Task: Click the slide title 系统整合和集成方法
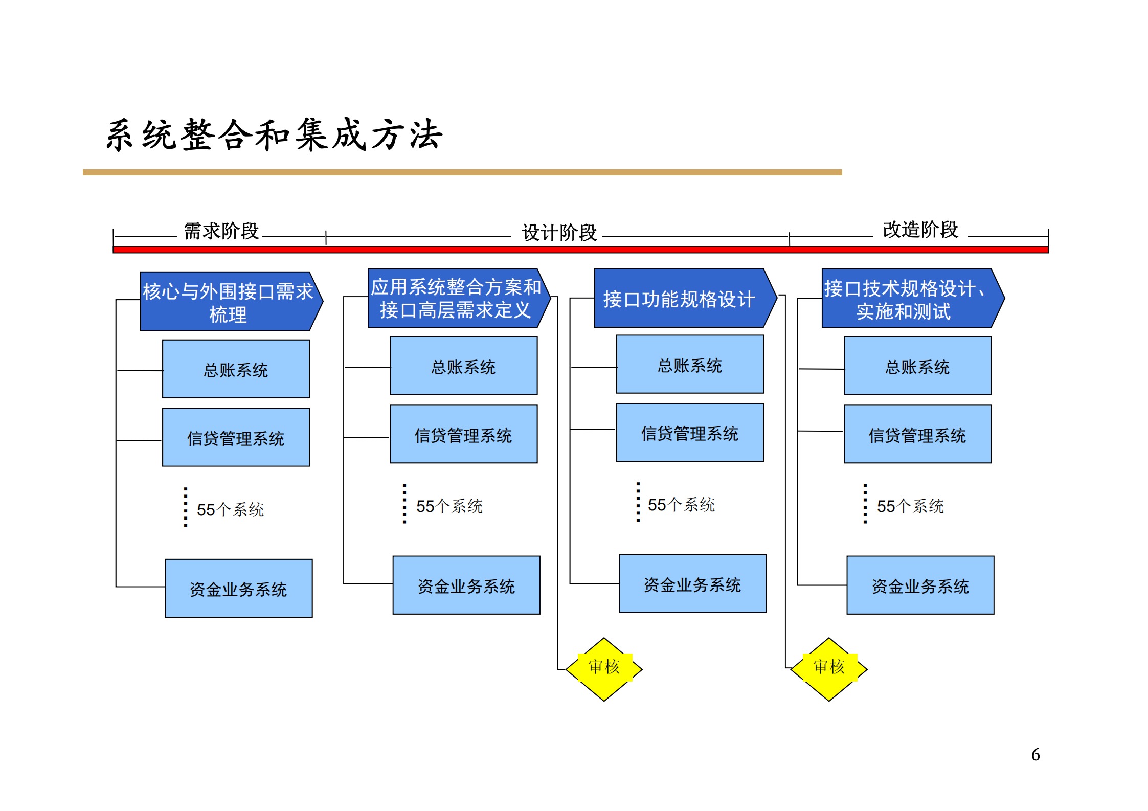tap(274, 135)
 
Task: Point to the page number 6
tap(1035, 755)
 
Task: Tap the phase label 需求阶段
tap(221, 231)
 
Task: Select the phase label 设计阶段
tap(559, 233)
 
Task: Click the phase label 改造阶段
tap(920, 230)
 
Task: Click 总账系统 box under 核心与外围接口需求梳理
tap(236, 369)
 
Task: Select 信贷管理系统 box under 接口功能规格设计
tap(690, 433)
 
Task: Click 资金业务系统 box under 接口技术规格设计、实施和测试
tap(920, 585)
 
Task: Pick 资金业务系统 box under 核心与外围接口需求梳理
tap(238, 589)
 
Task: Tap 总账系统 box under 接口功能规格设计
tap(690, 365)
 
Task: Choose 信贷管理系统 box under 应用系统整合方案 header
tap(463, 435)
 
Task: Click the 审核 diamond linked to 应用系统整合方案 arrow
tap(604, 669)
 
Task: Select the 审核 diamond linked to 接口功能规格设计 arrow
tap(829, 669)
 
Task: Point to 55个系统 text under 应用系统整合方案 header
tap(449, 506)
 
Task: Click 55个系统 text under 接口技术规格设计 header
tap(910, 506)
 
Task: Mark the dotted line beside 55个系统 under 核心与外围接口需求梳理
tap(186, 507)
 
